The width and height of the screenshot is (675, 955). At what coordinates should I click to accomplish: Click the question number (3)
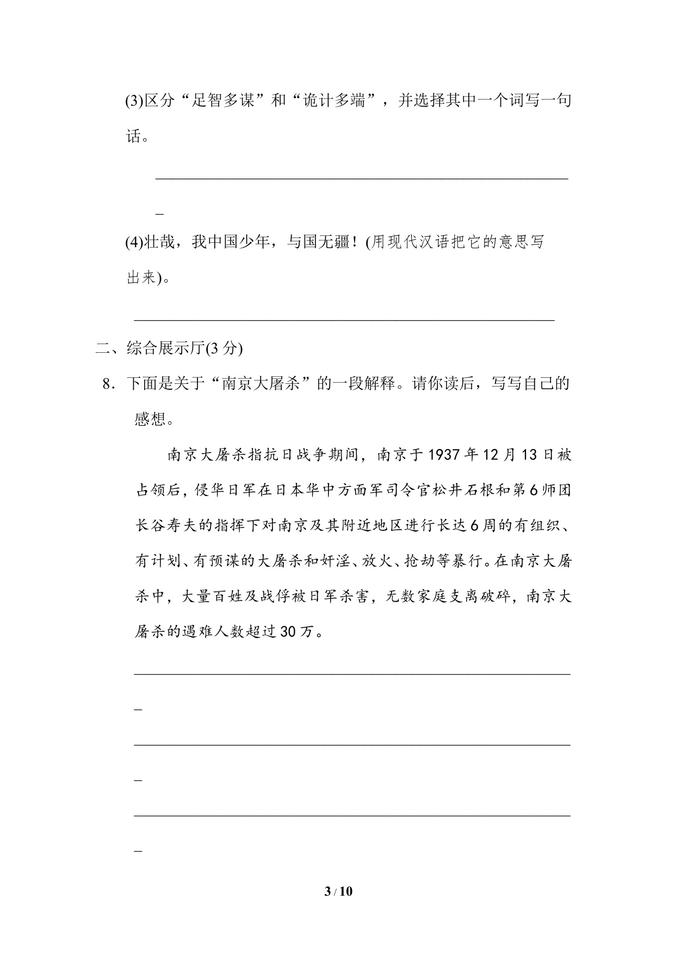tap(134, 101)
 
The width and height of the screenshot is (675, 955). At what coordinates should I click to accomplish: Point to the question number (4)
tap(134, 242)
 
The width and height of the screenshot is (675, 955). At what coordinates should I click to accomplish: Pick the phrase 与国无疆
tap(318, 242)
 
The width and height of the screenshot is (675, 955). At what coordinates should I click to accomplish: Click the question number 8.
tap(107, 384)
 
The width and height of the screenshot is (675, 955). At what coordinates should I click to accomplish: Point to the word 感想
tap(150, 419)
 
